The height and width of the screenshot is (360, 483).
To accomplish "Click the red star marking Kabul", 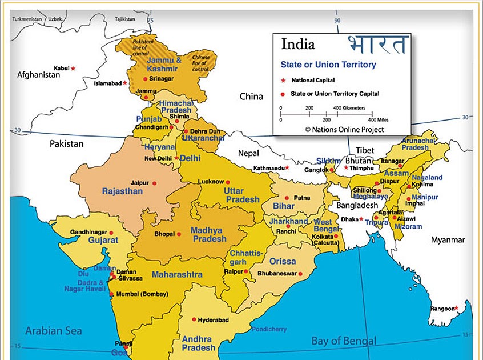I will click(73, 69).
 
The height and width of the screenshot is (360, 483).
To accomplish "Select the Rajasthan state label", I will click(122, 191).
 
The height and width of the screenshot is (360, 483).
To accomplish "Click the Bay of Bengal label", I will click(344, 341).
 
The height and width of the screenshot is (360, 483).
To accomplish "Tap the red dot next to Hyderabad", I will click(194, 320).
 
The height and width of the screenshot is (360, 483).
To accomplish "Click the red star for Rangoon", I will click(456, 309).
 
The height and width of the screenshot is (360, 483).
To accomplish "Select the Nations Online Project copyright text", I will click(344, 130).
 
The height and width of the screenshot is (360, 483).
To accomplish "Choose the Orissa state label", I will click(283, 261).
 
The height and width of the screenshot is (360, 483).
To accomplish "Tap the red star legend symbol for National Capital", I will click(283, 81).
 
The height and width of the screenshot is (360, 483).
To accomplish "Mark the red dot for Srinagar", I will click(145, 79).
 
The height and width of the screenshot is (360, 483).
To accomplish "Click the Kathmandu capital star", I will click(287, 168).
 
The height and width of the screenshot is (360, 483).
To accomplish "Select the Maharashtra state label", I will click(177, 275).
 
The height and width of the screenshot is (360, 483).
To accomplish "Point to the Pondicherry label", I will click(268, 329).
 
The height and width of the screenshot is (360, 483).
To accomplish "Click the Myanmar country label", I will click(448, 240).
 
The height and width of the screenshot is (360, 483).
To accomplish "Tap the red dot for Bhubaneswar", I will click(300, 274).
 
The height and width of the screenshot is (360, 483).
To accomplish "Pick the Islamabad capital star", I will click(125, 83).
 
